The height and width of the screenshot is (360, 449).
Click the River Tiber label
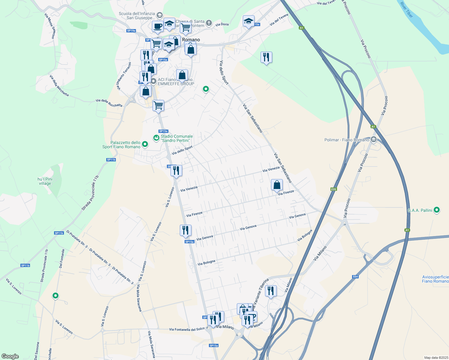tap(406, 10)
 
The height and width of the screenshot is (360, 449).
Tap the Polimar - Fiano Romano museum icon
tap(374, 139)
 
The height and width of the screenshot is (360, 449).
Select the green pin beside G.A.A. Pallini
tap(437, 210)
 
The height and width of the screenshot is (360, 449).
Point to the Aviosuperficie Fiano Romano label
tap(435, 279)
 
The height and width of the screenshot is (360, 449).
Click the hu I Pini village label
tap(45, 181)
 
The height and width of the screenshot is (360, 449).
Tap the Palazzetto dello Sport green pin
tap(145, 144)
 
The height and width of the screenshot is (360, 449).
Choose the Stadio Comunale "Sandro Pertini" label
tap(177, 138)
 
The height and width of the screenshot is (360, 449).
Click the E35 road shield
tap(333, 189)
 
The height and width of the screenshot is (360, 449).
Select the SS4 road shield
tap(355, 277)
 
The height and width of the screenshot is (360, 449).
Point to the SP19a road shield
tap(131, 31)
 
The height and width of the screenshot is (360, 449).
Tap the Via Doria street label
tap(222, 24)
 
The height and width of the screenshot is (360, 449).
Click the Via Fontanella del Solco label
tap(187, 329)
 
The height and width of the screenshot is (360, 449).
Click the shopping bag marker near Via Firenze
tap(277, 185)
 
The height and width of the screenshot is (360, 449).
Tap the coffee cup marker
tap(158, 26)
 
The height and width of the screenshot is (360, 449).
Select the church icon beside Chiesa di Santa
tap(209, 23)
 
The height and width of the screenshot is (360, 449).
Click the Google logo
tap(10, 356)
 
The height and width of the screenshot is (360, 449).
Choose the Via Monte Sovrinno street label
tap(50, 25)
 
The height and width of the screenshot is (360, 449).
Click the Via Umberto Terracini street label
tap(124, 76)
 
